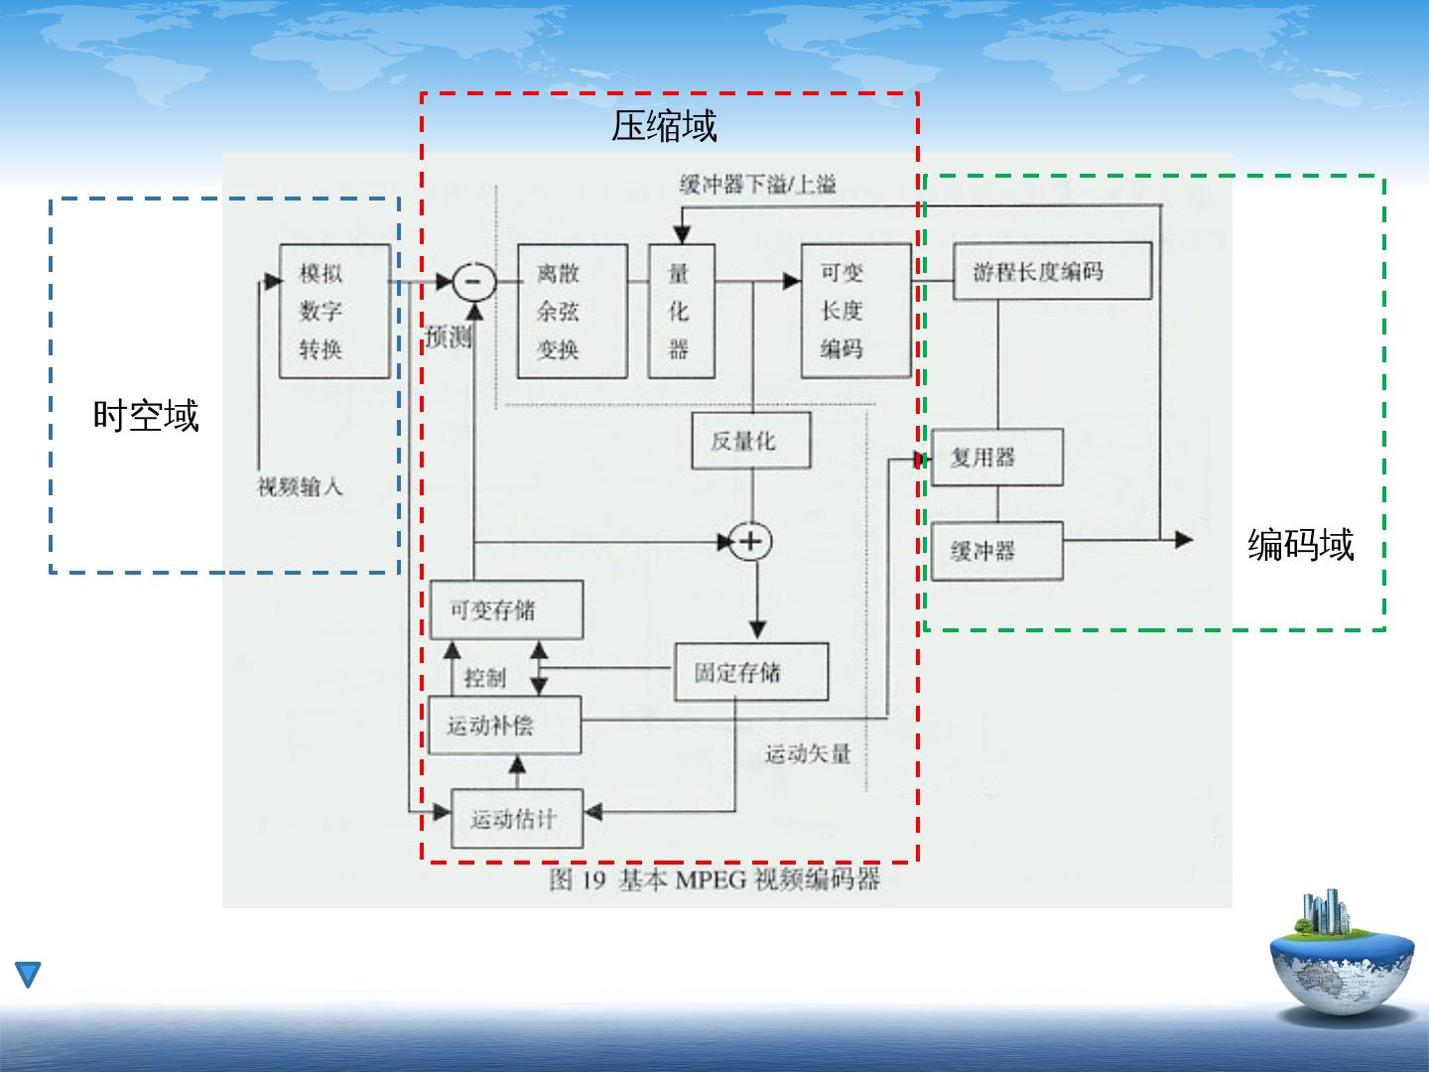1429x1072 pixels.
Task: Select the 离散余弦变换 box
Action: [x=572, y=311]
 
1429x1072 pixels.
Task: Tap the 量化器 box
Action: [x=681, y=311]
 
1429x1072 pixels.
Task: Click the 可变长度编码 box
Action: [x=855, y=311]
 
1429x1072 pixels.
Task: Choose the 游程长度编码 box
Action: [x=1051, y=271]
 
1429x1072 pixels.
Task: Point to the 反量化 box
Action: [x=750, y=441]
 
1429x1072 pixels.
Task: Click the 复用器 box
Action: [x=996, y=458]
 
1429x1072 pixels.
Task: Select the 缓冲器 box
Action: [x=996, y=551]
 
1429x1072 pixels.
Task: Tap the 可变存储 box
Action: [x=505, y=610]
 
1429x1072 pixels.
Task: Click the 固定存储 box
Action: [x=751, y=673]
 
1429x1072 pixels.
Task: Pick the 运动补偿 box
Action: [x=504, y=726]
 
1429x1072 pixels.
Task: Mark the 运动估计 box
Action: [x=516, y=819]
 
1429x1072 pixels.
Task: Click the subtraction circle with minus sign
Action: [x=474, y=283]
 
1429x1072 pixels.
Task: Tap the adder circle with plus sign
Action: [x=751, y=541]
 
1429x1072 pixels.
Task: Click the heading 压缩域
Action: [x=664, y=126]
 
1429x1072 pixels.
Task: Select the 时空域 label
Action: [x=146, y=415]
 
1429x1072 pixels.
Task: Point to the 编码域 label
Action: [x=1300, y=545]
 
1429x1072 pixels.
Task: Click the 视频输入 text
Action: [x=300, y=486]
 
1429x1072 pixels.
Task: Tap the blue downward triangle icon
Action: [x=28, y=974]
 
